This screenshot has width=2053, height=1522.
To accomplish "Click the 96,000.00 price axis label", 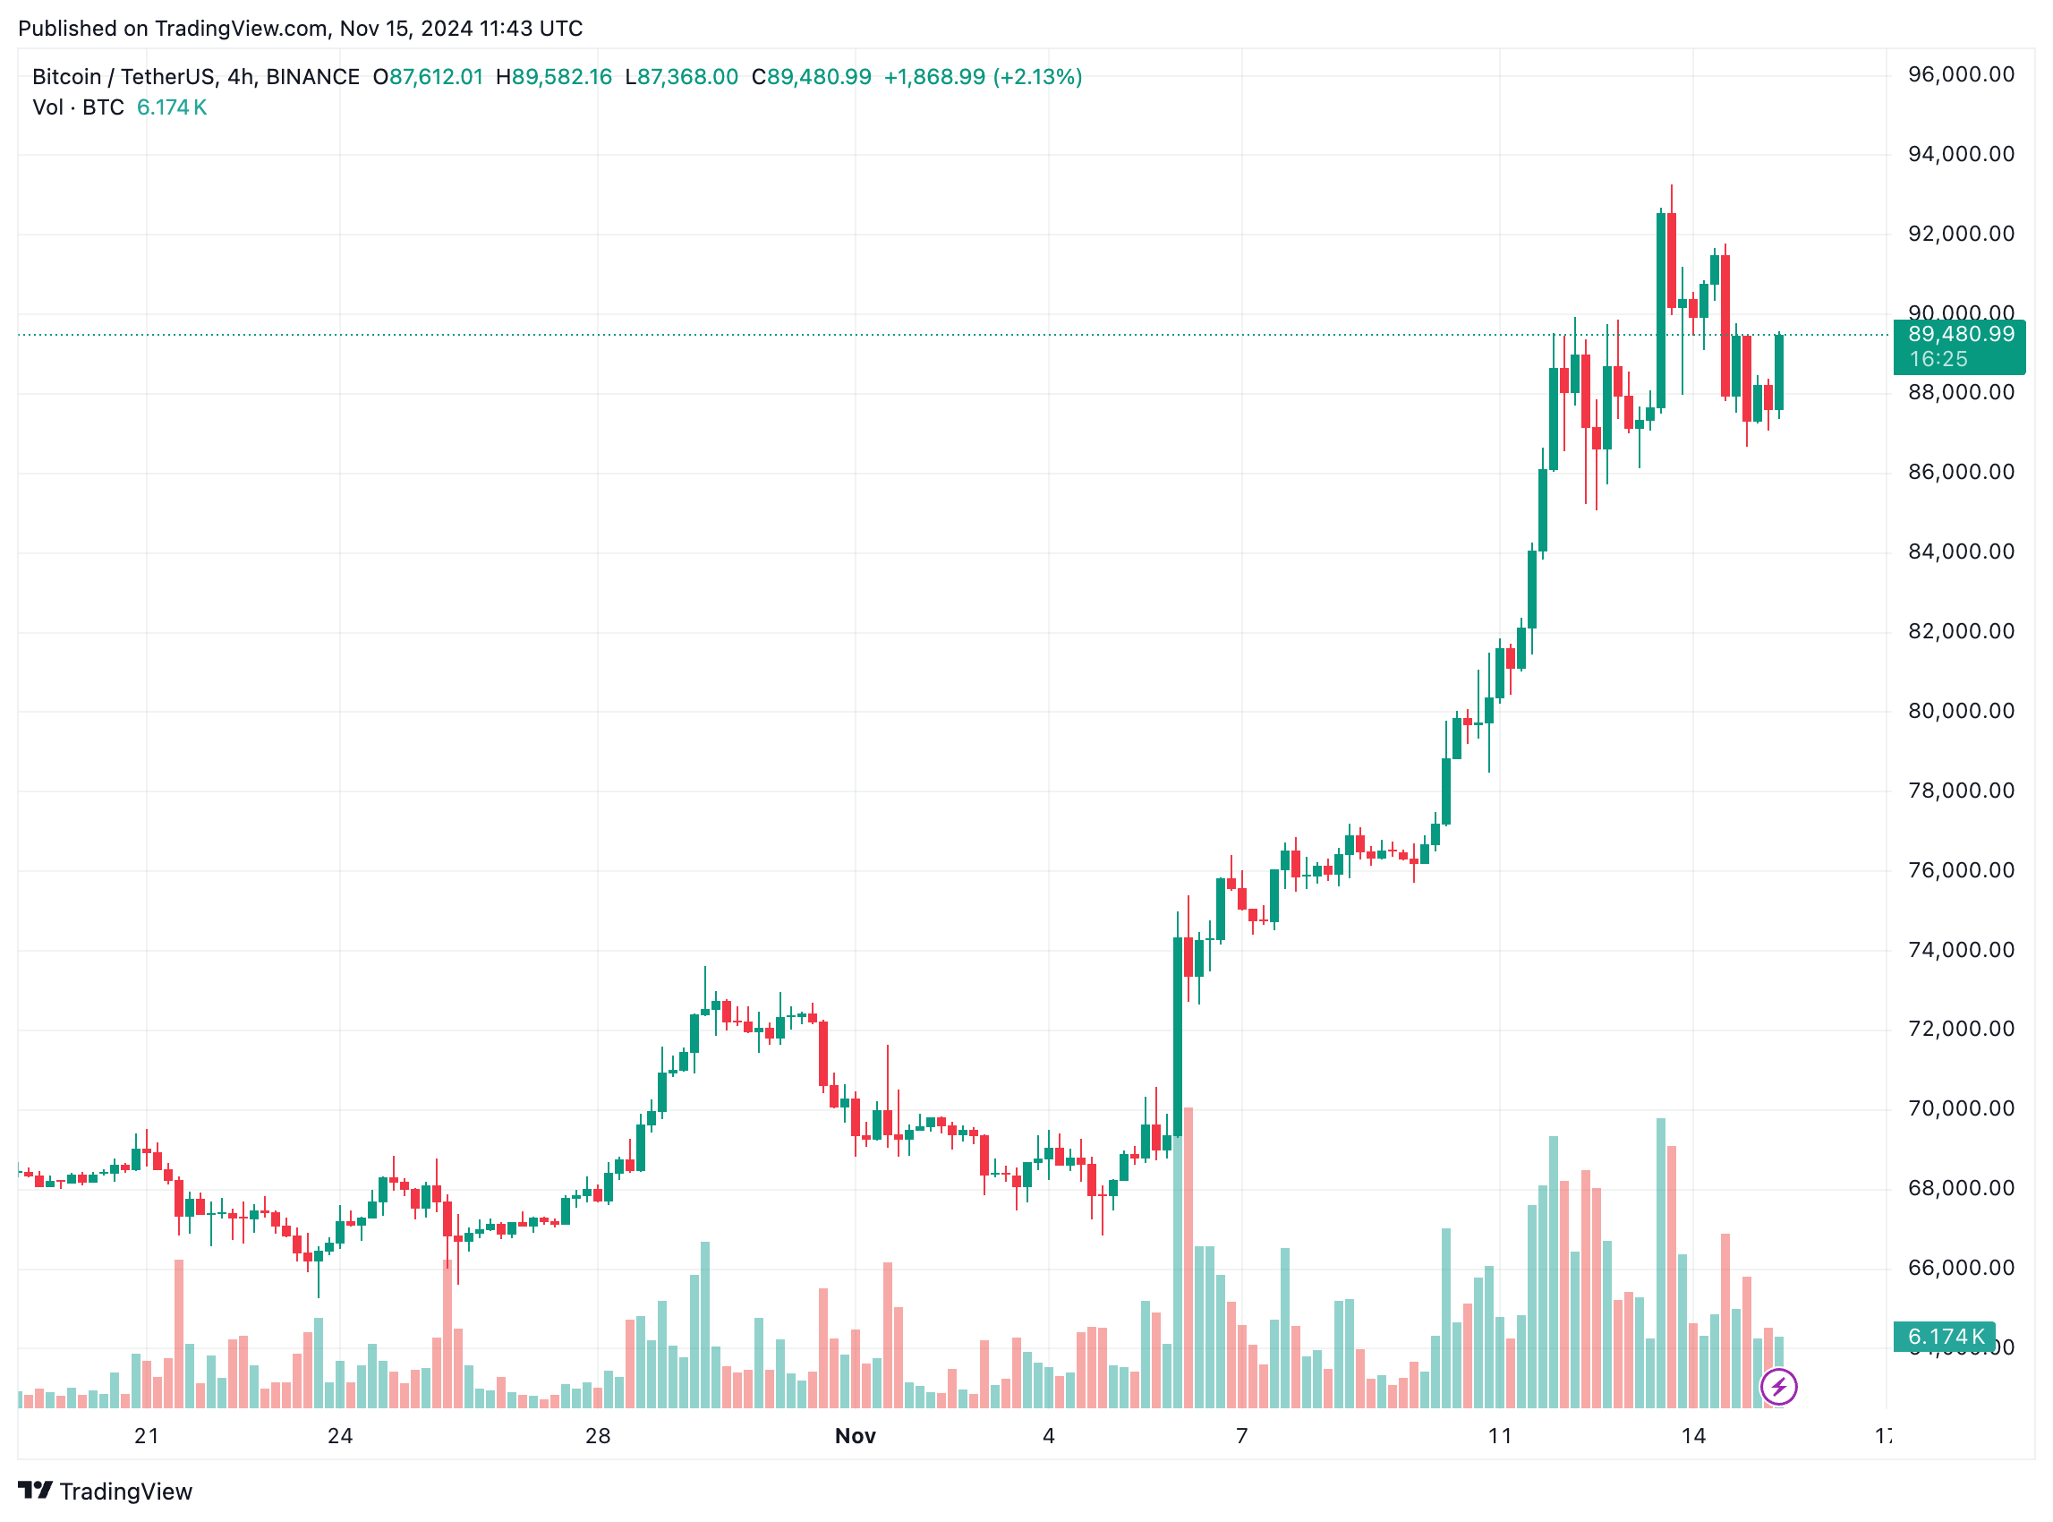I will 1960,74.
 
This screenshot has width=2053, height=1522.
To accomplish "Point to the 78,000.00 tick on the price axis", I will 1960,791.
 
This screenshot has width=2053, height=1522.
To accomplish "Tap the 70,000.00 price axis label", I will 1960,1108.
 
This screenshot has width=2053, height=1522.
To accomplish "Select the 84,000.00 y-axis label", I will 1960,552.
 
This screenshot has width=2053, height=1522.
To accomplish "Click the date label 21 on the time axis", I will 147,1435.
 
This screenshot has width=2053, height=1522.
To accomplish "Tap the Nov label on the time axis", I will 855,1435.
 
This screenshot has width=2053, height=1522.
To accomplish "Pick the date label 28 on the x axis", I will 598,1435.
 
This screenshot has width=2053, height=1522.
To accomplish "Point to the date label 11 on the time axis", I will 1499,1435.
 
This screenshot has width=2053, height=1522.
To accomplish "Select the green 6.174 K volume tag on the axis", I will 1945,1336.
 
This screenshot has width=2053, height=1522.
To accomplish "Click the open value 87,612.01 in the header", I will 436,77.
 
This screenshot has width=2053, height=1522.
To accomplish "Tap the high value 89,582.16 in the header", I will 562,77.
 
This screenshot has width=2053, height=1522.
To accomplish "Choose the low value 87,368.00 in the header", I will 687,77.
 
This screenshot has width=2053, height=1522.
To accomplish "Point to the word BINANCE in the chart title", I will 312,77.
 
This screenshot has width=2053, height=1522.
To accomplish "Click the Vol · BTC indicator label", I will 78,107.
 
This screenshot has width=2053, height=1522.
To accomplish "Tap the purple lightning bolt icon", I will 1778,1387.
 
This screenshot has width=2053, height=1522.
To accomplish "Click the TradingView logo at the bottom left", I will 105,1491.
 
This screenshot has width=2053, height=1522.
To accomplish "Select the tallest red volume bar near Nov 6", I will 1188,1258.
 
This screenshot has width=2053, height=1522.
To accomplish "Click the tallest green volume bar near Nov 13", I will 1661,1262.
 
